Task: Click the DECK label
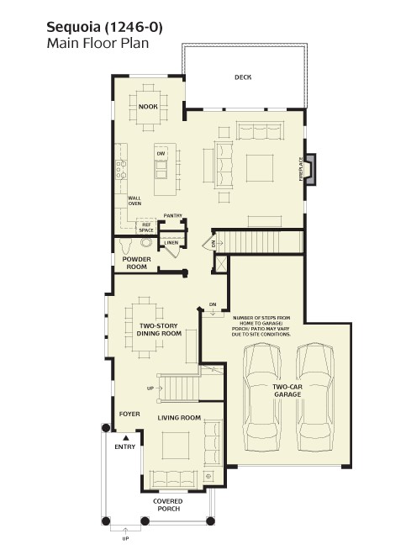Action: pos(243,77)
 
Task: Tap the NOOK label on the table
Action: pos(148,107)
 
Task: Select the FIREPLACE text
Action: pos(301,169)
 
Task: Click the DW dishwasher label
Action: pos(161,154)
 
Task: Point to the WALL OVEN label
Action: pos(134,201)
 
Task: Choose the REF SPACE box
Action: pos(146,226)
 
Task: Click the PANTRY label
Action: pos(173,216)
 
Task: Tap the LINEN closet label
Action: pos(171,242)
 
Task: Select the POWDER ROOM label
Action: pos(137,263)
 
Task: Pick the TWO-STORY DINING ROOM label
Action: pos(159,330)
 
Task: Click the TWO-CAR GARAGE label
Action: pos(287,391)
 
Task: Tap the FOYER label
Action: pos(129,414)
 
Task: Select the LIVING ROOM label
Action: pos(179,418)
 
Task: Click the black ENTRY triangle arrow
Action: pos(125,437)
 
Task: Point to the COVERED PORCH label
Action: pos(168,505)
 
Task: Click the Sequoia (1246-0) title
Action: pos(104,28)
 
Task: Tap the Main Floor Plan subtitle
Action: pos(98,43)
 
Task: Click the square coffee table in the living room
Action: pos(176,446)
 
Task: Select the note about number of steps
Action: pos(261,326)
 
